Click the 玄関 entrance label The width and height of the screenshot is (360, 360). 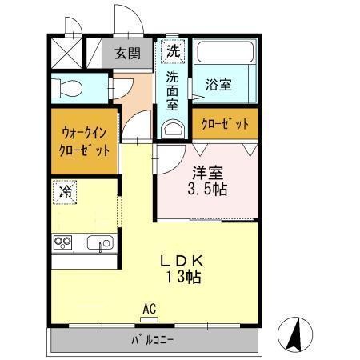point(127,54)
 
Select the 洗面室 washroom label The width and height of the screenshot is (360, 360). point(173,91)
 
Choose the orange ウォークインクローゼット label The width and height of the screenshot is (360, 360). point(83,141)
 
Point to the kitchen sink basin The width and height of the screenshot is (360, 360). point(101,242)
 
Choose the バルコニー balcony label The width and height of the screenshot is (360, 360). point(154,341)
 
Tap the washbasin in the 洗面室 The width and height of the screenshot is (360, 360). point(173,128)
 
